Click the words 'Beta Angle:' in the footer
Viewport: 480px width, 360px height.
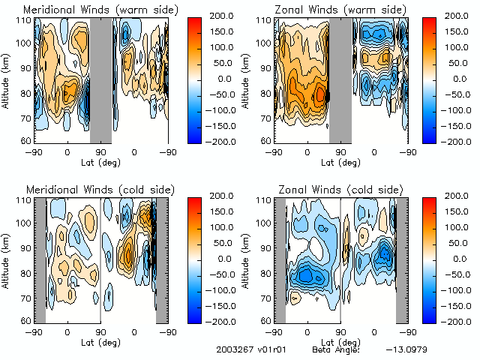[x=335, y=350]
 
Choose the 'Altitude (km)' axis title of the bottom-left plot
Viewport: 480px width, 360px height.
[x=7, y=259]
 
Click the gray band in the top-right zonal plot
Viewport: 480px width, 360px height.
[x=340, y=79]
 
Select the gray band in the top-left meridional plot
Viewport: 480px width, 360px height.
[x=100, y=79]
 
